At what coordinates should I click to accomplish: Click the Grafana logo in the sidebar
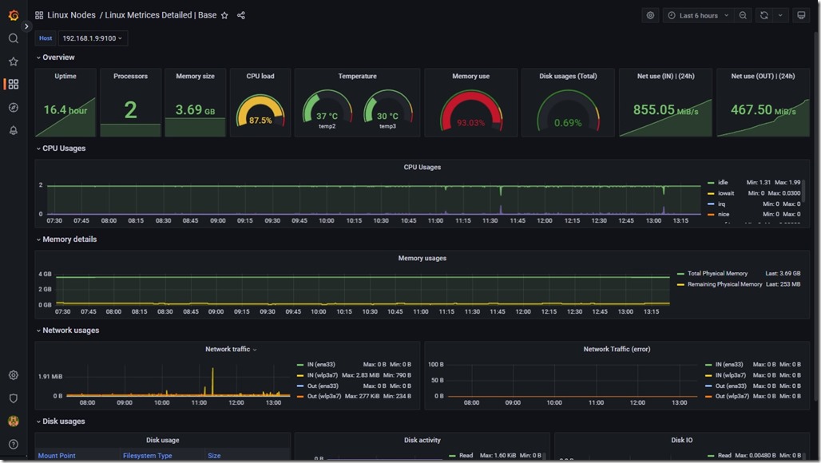13,15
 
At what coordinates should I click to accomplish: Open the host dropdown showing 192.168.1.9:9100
93,38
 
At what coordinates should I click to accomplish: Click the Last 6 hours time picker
698,15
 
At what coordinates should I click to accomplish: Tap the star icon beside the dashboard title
224,15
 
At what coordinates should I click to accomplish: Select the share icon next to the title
241,15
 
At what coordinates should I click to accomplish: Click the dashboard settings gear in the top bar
650,15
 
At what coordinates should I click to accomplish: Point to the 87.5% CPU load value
260,121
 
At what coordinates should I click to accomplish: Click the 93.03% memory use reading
470,123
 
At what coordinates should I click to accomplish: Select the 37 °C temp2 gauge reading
327,117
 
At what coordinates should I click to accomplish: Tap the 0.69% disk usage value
568,123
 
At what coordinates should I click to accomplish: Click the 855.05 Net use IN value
654,110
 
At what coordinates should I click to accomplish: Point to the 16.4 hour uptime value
65,110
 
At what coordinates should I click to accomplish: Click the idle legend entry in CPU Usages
723,183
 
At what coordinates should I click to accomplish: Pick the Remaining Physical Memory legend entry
724,284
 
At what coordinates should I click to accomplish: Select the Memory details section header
69,239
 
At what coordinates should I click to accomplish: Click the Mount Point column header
57,456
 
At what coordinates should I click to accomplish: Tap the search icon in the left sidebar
13,38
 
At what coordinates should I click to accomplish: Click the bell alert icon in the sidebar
13,130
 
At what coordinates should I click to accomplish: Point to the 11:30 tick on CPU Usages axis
490,221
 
